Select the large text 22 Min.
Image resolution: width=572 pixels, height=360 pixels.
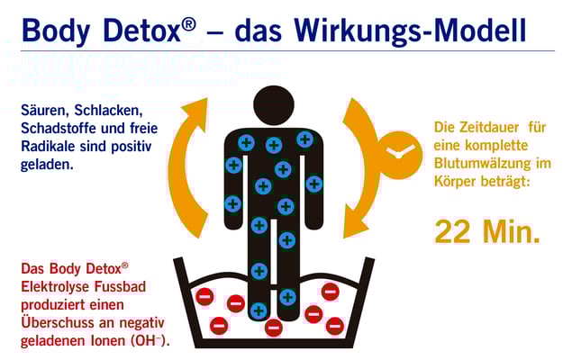tap(487, 231)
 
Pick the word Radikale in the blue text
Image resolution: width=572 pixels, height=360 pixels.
tap(47, 146)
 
